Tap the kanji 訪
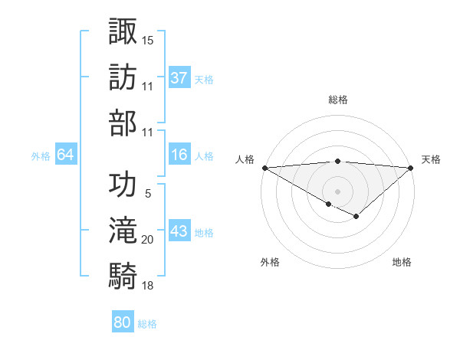pyautogui.click(x=123, y=77)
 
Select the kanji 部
pyautogui.click(x=123, y=123)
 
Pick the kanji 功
pyautogui.click(x=123, y=185)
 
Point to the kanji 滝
pyautogui.click(x=123, y=231)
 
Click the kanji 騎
pyautogui.click(x=123, y=277)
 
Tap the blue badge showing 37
pyautogui.click(x=179, y=77)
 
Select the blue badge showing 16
pyautogui.click(x=179, y=155)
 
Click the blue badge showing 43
pyautogui.click(x=179, y=231)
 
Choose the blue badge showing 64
pyautogui.click(x=66, y=155)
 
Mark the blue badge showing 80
pyautogui.click(x=123, y=322)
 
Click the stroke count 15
pyautogui.click(x=148, y=39)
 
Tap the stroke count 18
pyautogui.click(x=148, y=286)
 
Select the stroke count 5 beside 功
pyautogui.click(x=148, y=195)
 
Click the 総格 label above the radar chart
pyautogui.click(x=337, y=100)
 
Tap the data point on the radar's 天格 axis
pyautogui.click(x=411, y=168)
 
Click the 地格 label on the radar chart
pyautogui.click(x=402, y=262)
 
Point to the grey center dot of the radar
pyautogui.click(x=337, y=191)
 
